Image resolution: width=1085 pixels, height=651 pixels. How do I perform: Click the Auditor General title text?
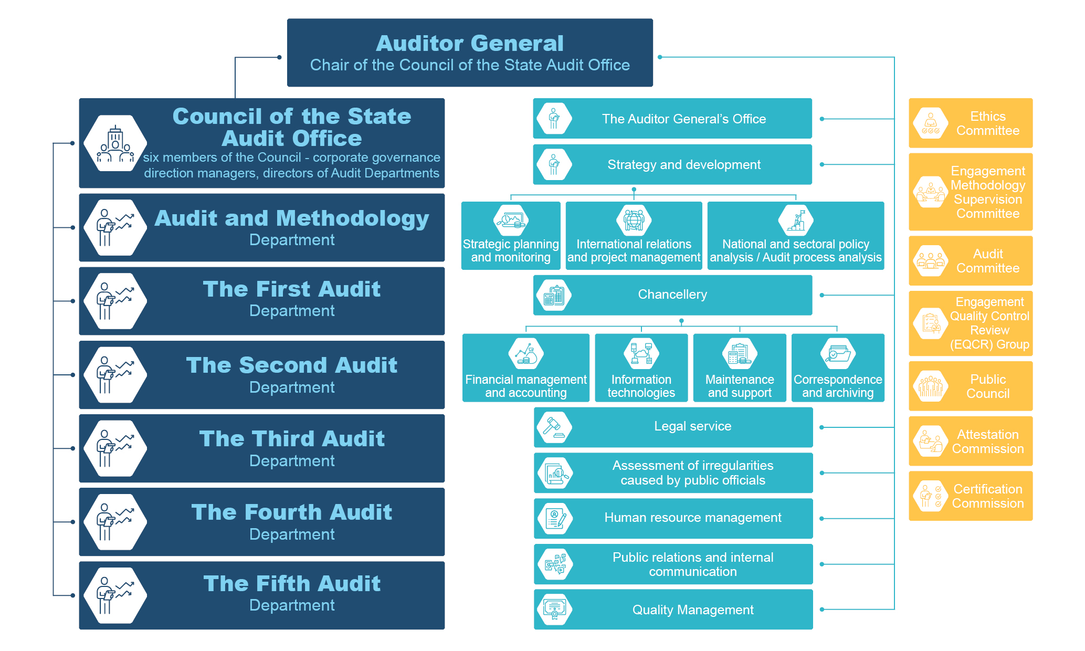pos(470,44)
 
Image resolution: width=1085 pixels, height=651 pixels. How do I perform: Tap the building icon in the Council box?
pos(115,143)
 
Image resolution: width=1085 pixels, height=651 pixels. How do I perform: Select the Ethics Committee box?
pos(971,123)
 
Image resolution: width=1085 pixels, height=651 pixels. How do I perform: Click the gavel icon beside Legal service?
pos(554,427)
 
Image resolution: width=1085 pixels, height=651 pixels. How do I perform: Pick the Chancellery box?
pos(672,295)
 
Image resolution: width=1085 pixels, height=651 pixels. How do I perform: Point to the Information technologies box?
pos(641,368)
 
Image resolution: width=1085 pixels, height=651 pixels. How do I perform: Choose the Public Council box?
pos(971,386)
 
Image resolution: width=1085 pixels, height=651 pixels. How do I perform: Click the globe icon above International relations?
pos(634,220)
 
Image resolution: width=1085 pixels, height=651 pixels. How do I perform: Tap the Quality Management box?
pos(673,610)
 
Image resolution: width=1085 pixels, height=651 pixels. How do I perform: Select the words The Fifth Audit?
pos(292,584)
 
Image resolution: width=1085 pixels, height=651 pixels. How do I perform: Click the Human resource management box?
pos(673,518)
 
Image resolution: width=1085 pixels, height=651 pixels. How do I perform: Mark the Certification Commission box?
pos(971,496)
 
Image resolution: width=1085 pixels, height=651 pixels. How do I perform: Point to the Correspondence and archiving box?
pos(838,368)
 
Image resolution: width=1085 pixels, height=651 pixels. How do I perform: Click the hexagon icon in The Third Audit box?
pos(115,448)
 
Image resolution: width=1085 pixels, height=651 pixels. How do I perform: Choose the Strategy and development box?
pos(672,165)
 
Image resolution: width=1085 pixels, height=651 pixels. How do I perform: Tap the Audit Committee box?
pos(971,261)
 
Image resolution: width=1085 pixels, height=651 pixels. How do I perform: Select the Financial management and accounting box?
pos(525,368)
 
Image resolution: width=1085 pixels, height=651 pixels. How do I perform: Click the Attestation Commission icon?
pos(931,441)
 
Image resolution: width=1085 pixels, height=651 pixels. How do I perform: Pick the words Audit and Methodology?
pos(292,218)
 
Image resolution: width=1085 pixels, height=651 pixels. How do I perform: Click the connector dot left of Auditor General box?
pos(279,57)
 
